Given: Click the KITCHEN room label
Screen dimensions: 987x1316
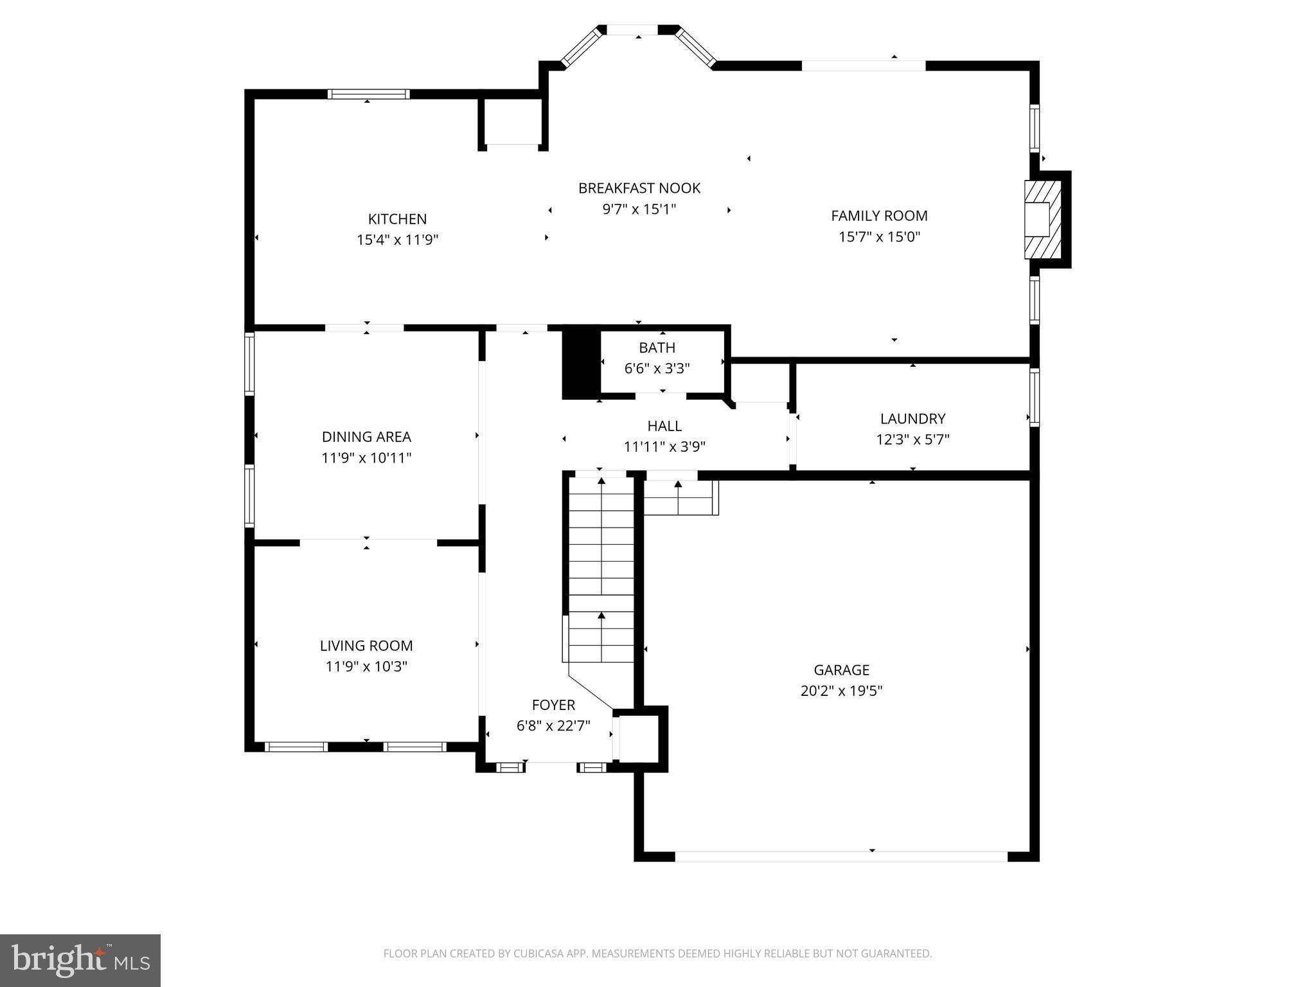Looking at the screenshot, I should pos(397,218).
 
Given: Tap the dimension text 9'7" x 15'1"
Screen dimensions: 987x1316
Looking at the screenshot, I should pos(639,209).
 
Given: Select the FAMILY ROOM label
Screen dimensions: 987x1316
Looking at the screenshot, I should pos(879,216).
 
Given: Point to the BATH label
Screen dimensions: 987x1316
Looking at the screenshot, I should pos(657,348).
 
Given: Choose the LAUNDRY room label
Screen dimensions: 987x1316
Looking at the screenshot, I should pos(912,419).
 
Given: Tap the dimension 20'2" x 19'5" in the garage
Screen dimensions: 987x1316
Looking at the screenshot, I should pos(841,691).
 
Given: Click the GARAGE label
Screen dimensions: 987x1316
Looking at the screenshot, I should pos(841,670).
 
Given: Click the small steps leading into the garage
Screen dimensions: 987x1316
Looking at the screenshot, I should pos(680,498).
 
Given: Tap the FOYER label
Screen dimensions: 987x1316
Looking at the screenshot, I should pos(553,705).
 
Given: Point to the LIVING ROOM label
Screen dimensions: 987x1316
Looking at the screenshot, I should pos(366,645).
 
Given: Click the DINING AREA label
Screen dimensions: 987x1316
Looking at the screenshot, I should pos(366,437).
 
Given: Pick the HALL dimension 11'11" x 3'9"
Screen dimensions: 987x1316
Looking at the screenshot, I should pos(664,447).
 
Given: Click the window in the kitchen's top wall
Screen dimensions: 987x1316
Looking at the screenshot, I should pos(368,94).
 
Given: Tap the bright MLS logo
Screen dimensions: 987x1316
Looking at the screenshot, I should pos(80,960).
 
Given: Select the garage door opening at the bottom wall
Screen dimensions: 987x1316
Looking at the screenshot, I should pos(840,856).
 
